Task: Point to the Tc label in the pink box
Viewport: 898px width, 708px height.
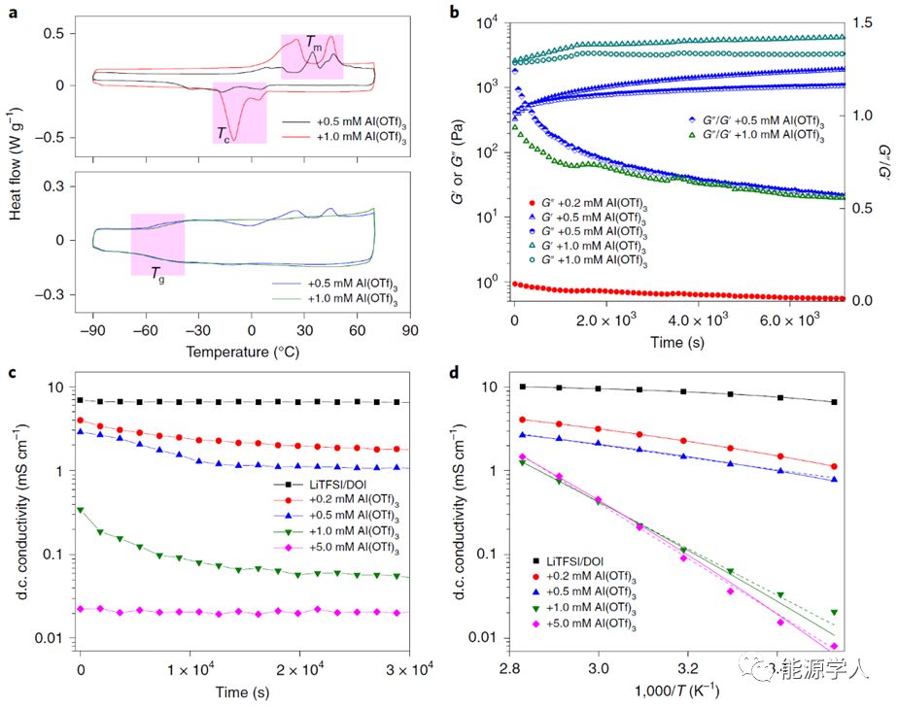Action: click(x=225, y=131)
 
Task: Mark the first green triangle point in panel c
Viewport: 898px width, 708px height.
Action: click(x=82, y=509)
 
